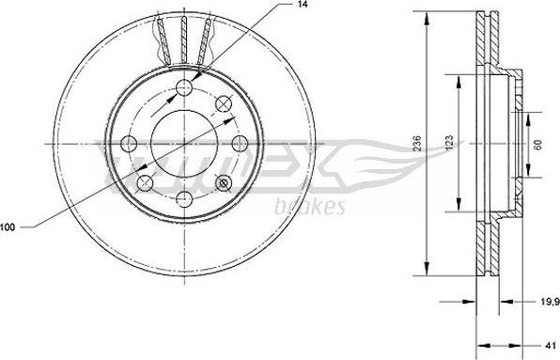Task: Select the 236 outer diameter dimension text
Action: [x=417, y=143]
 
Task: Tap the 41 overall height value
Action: [x=549, y=344]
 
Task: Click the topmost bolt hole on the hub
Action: [x=184, y=88]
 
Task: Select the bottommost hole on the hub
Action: [x=184, y=197]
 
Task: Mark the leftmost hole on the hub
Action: [x=130, y=144]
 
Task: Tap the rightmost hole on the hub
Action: [x=239, y=144]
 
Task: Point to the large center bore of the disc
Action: [x=184, y=144]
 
